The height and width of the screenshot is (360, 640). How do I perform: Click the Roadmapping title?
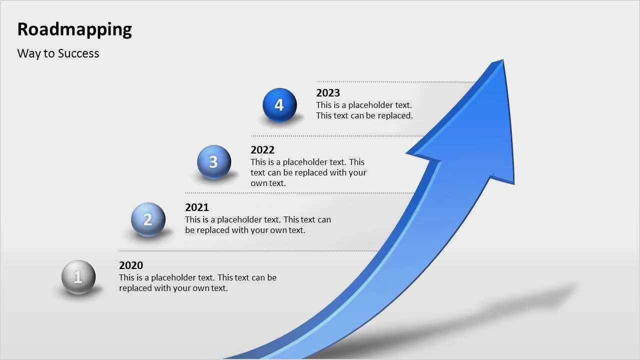(75, 29)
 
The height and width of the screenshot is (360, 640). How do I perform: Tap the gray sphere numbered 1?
(78, 277)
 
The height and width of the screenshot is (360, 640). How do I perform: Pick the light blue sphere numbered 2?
(148, 219)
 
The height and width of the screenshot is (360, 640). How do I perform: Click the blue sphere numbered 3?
(214, 162)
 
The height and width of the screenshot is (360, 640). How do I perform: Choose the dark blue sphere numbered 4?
(280, 105)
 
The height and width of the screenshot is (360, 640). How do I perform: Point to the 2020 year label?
(131, 265)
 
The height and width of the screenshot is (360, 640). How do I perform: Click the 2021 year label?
(197, 207)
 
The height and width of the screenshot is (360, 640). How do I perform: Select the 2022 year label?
(262, 150)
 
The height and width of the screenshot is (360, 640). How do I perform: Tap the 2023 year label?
(328, 93)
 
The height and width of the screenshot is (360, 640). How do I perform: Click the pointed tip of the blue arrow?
(502, 59)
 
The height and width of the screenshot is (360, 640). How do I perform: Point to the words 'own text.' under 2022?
(268, 183)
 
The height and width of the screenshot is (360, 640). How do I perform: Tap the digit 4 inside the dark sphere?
(279, 105)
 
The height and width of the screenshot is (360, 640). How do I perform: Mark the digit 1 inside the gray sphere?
(78, 276)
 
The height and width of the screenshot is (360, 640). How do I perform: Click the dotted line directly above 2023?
(395, 82)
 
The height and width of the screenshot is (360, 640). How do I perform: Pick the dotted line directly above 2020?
(249, 251)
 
